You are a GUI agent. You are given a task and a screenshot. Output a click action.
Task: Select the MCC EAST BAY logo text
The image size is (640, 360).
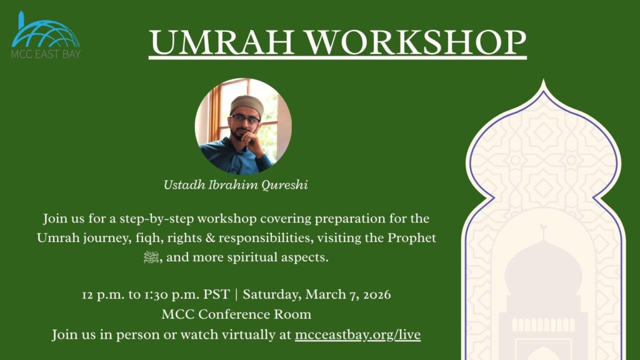(46, 54)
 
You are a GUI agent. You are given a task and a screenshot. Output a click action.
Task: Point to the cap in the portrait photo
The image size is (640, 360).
(247, 104)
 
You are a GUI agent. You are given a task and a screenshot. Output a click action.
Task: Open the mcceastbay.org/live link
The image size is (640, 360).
(357, 334)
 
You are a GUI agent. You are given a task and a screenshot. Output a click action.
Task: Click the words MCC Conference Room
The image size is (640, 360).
(236, 314)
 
